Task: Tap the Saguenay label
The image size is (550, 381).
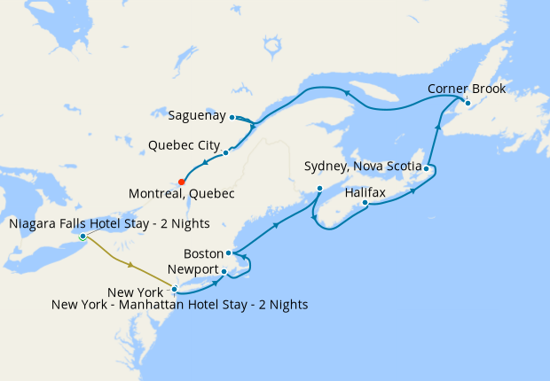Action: pos(198,116)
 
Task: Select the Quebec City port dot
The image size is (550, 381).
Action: pos(225,152)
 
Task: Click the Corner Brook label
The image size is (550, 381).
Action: pos(466,89)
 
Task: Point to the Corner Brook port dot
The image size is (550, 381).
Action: pos(467,104)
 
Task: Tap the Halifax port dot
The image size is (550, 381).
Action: pos(365,204)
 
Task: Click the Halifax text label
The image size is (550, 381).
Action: pos(365,191)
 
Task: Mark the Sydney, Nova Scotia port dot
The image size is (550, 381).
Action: pos(427,168)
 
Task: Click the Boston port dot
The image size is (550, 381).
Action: pos(229,253)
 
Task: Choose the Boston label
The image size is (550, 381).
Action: pos(202,253)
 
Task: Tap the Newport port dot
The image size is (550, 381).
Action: pos(224,271)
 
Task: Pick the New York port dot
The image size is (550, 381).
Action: pos(175,289)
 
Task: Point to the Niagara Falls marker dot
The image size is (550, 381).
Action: pos(82,237)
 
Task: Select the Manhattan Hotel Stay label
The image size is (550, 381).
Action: pos(180,305)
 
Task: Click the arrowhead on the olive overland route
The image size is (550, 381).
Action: pos(132,265)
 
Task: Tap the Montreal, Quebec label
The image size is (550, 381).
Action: pos(182,193)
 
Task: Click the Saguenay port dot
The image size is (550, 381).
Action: pos(232,117)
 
